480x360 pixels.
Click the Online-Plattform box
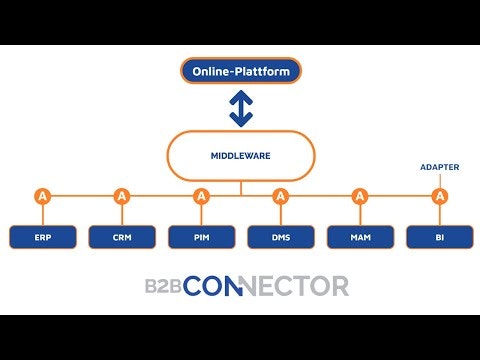(240, 70)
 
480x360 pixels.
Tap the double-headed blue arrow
(240, 108)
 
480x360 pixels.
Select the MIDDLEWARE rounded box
(240, 156)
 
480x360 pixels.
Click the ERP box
(42, 237)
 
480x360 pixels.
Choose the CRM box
(121, 237)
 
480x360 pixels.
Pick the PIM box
(201, 237)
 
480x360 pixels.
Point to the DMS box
(280, 237)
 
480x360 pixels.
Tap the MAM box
(359, 237)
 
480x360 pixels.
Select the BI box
(439, 237)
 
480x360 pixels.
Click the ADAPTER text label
(439, 167)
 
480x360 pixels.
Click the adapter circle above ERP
(42, 196)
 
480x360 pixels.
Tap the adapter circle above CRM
(121, 196)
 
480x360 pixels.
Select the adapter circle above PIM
(201, 196)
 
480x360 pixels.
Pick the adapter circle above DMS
(280, 196)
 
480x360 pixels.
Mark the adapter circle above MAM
(359, 196)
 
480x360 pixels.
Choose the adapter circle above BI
(439, 196)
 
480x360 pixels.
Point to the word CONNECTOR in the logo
(266, 286)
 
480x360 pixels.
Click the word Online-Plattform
(240, 70)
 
